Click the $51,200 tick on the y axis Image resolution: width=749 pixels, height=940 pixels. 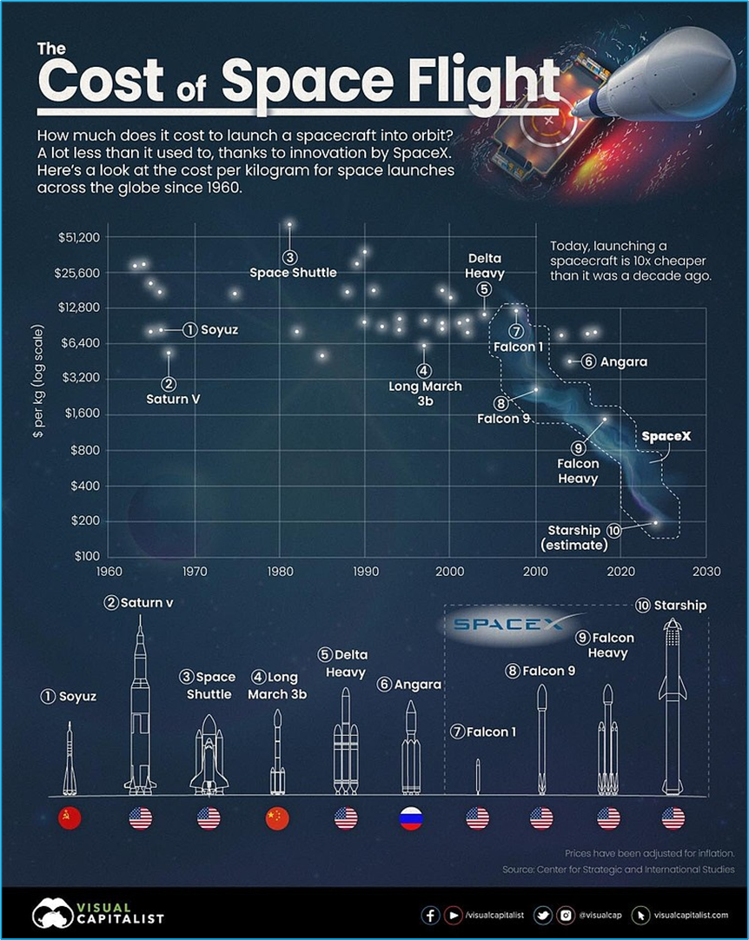coord(78,237)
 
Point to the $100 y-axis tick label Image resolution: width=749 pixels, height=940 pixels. coord(85,556)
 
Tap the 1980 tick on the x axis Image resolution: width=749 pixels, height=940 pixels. coord(280,572)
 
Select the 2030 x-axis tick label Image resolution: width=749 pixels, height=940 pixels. coord(706,572)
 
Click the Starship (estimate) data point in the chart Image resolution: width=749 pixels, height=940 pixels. coord(656,522)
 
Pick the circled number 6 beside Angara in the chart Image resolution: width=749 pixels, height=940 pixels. coord(588,361)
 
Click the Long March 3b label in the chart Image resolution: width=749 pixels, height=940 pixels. coord(425,394)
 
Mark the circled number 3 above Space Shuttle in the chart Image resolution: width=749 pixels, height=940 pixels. coord(289,257)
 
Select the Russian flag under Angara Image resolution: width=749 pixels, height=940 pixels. coord(410,818)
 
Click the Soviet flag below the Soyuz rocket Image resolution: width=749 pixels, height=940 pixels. coord(69,818)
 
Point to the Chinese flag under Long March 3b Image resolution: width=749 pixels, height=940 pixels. coord(276,818)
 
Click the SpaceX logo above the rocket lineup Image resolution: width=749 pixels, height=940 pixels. coord(507,624)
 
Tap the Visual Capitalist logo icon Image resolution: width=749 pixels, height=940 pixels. coord(52,914)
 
